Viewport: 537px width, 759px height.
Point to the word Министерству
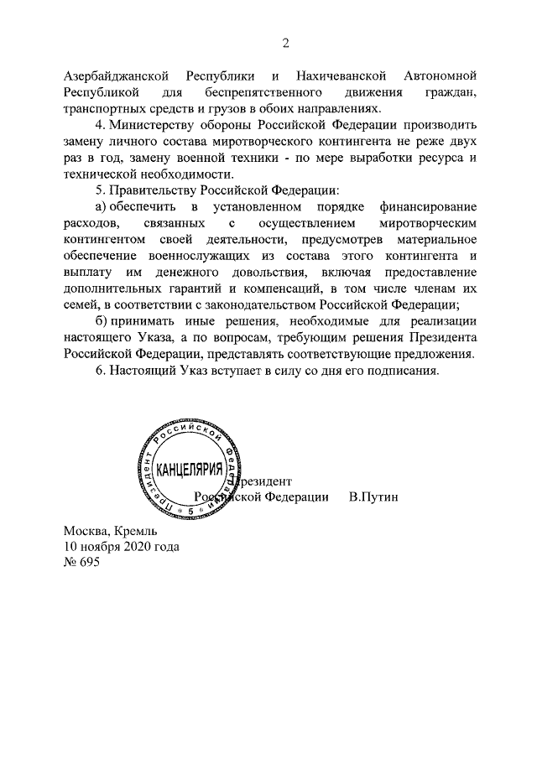pyautogui.click(x=155, y=125)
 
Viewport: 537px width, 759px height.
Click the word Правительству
pyautogui.click(x=154, y=190)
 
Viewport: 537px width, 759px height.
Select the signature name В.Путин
pyautogui.click(x=373, y=496)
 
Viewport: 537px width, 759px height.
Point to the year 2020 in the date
pyautogui.click(x=138, y=546)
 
